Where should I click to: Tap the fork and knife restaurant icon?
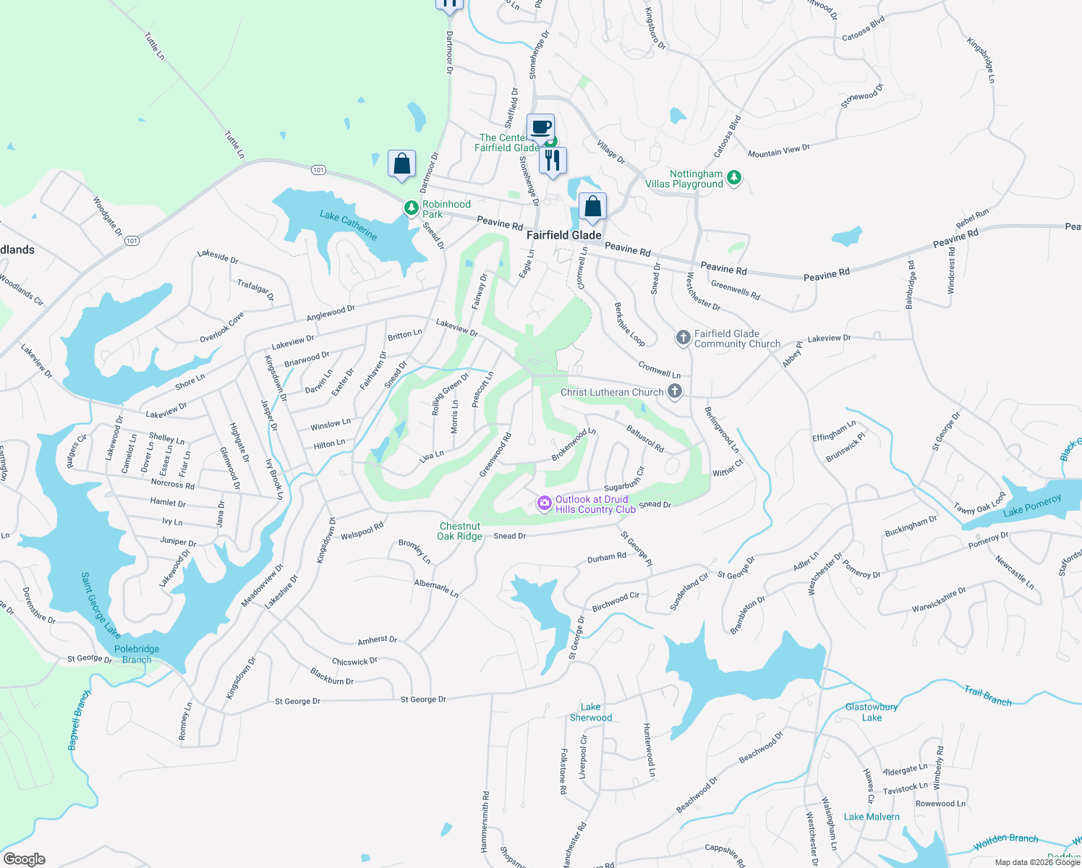pyautogui.click(x=553, y=161)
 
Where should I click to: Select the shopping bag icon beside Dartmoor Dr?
pyautogui.click(x=401, y=163)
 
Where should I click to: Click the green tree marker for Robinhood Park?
pyautogui.click(x=412, y=208)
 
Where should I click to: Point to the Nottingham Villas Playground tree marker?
pyautogui.click(x=734, y=178)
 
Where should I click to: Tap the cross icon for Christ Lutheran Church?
pyautogui.click(x=674, y=392)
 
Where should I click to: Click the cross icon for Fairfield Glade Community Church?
pyautogui.click(x=683, y=338)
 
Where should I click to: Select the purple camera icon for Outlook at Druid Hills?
pyautogui.click(x=545, y=503)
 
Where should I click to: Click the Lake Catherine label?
pyautogui.click(x=349, y=225)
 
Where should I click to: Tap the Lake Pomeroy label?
pyautogui.click(x=1032, y=506)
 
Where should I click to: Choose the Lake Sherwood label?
pyautogui.click(x=591, y=712)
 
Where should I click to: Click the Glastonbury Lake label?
pyautogui.click(x=872, y=712)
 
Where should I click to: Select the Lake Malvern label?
pyautogui.click(x=872, y=817)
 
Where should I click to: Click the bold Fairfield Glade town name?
pyautogui.click(x=563, y=235)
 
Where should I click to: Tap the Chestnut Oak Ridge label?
pyautogui.click(x=459, y=531)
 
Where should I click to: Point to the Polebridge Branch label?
pyautogui.click(x=137, y=654)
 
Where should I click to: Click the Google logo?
pyautogui.click(x=25, y=859)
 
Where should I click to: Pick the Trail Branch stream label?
pyautogui.click(x=987, y=696)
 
